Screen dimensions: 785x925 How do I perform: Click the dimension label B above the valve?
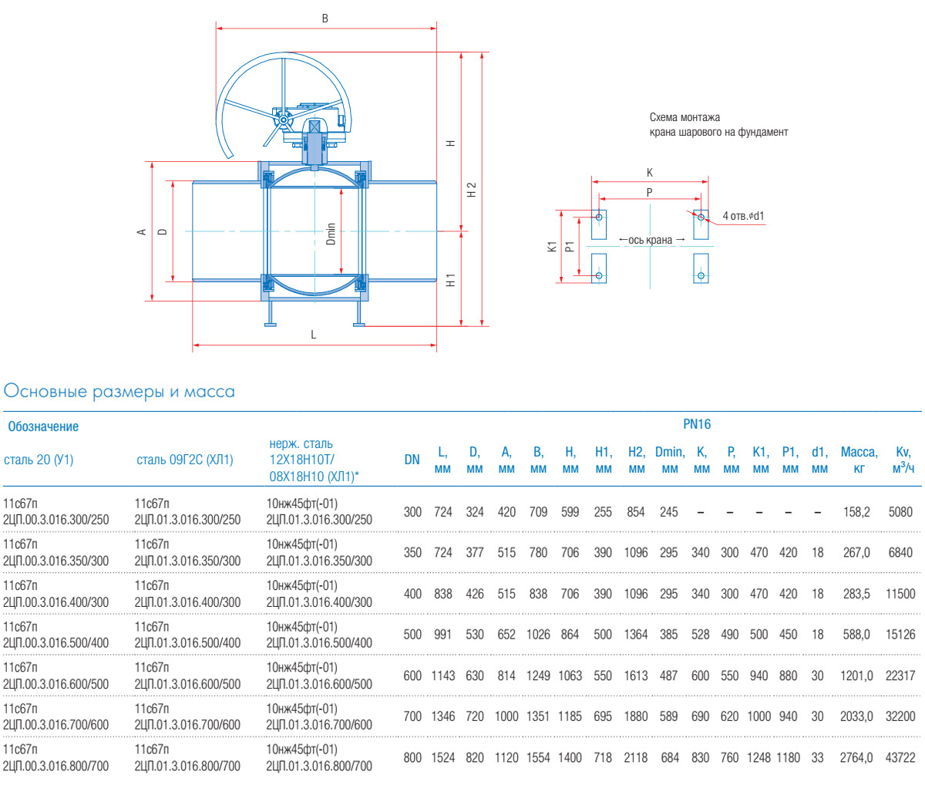pos(325,19)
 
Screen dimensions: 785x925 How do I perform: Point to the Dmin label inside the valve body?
pos(331,234)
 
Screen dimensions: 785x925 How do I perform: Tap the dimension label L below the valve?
pos(314,335)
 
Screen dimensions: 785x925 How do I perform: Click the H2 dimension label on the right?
pos(473,190)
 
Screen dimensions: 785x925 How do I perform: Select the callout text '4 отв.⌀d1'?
pos(743,216)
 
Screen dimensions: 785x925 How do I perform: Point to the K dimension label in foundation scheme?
pos(650,174)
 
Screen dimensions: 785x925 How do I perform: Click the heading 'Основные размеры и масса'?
pos(119,392)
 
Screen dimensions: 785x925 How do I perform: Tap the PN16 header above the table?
pos(697,424)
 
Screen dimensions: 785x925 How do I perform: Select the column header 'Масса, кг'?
pos(859,460)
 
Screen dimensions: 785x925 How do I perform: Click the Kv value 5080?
pos(900,511)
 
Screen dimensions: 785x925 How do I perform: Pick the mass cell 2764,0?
pos(856,757)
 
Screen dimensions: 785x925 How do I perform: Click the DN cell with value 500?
pos(412,634)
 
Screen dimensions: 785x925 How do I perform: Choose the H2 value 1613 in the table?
pos(636,676)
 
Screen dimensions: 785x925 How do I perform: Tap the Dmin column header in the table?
pos(670,460)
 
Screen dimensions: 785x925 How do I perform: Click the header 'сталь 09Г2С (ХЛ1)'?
pos(185,460)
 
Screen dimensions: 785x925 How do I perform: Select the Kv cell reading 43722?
pos(900,757)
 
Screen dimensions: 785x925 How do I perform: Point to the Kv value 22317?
pos(900,676)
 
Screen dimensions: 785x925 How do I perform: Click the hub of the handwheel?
pos(283,120)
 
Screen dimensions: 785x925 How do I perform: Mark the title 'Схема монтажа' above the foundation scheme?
pos(684,117)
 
